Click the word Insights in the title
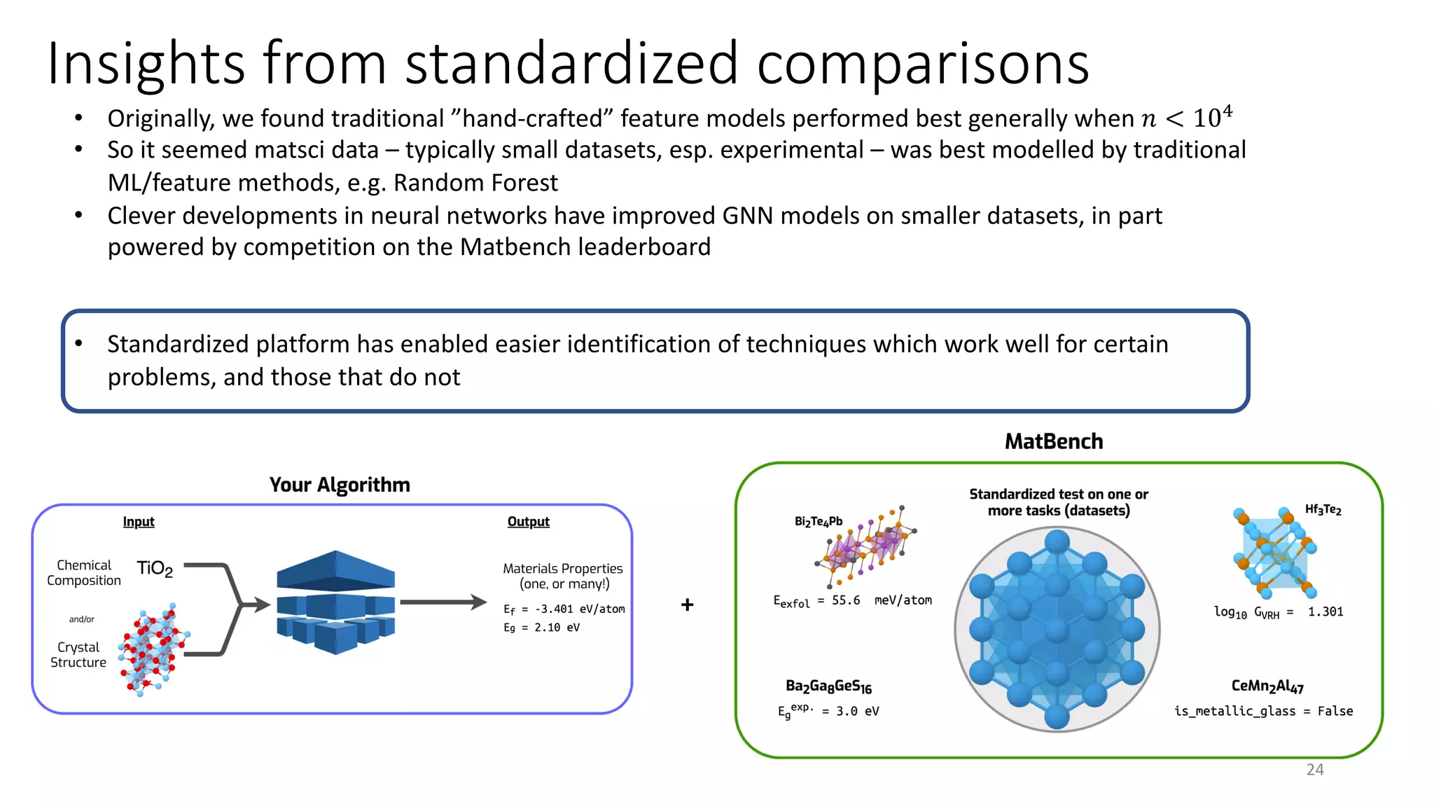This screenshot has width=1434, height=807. pos(145,64)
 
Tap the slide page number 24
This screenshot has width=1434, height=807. pos(1314,769)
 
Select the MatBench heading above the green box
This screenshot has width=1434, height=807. pos(1053,441)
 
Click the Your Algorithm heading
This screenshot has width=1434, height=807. pos(340,485)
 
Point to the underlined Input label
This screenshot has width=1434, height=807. pos(139,522)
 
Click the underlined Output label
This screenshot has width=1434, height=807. pos(528,522)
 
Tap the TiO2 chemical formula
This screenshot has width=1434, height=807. pos(155,568)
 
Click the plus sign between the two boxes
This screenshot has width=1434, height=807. pos(687,605)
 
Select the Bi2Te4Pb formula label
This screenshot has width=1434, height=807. pos(818,522)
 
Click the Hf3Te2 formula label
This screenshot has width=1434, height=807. pos(1323,510)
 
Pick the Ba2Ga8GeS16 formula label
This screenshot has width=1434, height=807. pos(828,687)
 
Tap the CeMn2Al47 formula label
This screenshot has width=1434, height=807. pos(1267,687)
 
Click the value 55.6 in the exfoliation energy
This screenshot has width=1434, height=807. pos(845,600)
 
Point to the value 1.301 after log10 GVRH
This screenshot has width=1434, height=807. pos(1325,612)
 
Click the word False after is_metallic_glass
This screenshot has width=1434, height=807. pos(1335,711)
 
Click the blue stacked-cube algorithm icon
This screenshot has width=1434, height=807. pos(336,602)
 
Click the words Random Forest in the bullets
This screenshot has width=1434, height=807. pos(475,183)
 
